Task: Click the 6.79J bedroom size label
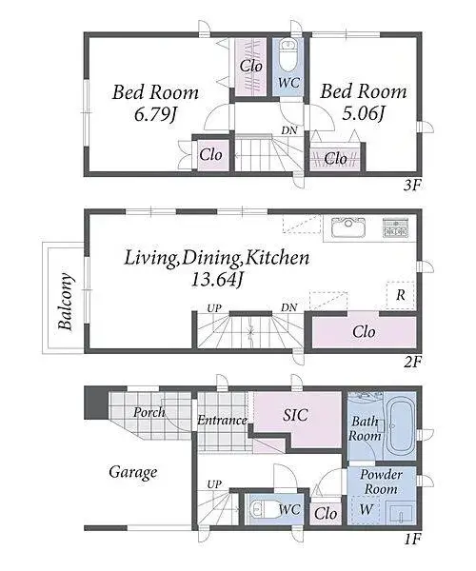click(155, 115)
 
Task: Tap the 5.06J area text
click(363, 114)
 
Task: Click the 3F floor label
click(412, 187)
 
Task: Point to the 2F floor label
click(412, 362)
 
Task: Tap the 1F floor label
click(412, 539)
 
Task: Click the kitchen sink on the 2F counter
click(348, 227)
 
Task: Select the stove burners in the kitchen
click(395, 227)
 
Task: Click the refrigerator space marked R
click(400, 295)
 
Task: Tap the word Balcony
click(66, 301)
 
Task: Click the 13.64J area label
click(217, 280)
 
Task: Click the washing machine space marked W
click(366, 509)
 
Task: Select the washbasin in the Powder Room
click(399, 514)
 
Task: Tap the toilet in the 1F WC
click(263, 509)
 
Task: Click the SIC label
click(295, 415)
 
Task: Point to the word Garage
click(133, 473)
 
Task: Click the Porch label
click(149, 412)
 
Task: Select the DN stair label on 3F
click(289, 130)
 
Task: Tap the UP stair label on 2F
click(214, 308)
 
